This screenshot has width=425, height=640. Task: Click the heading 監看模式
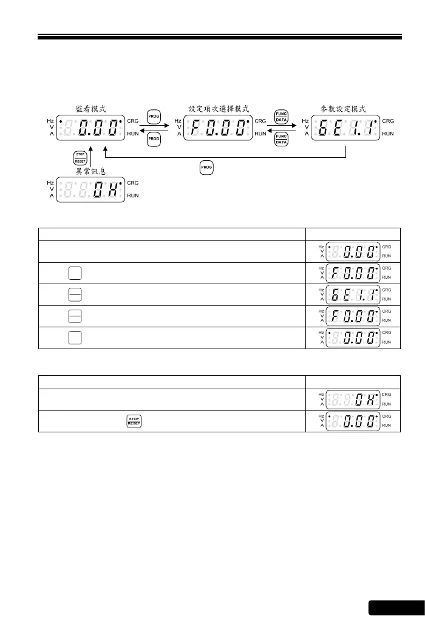coord(90,109)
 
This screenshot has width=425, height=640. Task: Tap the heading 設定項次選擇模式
coord(216,109)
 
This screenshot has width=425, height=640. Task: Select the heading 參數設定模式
coord(344,109)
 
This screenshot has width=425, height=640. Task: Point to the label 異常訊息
coord(90,172)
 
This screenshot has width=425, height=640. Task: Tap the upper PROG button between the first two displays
coord(154,116)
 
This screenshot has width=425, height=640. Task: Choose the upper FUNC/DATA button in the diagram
coord(281,116)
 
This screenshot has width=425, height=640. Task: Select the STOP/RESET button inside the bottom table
coord(134,421)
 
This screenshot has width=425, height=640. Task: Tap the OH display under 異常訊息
coord(90,189)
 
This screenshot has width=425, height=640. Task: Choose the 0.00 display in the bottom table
coord(353,421)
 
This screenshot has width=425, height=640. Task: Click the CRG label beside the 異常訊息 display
coord(133,183)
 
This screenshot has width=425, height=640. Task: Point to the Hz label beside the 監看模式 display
coord(50,121)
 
